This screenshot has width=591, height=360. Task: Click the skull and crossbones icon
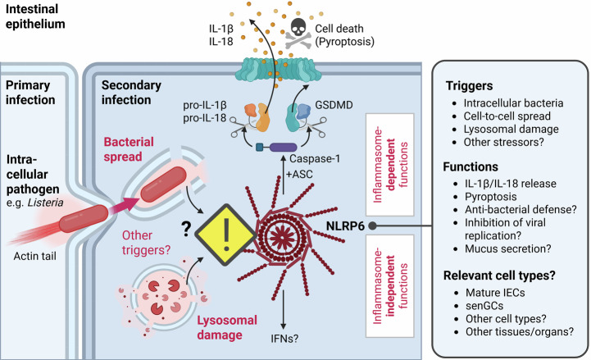pyautogui.click(x=298, y=34)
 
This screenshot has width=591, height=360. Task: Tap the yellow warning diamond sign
pyautogui.click(x=225, y=235)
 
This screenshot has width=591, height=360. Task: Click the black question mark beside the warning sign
pyautogui.click(x=186, y=229)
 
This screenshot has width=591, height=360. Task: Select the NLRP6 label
pyautogui.click(x=345, y=226)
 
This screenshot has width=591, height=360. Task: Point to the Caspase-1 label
pyautogui.click(x=315, y=159)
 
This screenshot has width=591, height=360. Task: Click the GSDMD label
pyautogui.click(x=334, y=105)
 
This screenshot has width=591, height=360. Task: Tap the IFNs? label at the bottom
pyautogui.click(x=284, y=339)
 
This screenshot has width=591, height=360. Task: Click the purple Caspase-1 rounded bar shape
pyautogui.click(x=283, y=147)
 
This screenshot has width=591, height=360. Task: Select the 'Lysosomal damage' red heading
pyautogui.click(x=227, y=327)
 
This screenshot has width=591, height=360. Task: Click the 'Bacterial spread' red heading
pyautogui.click(x=129, y=149)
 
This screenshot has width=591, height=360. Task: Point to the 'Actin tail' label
pyautogui.click(x=35, y=257)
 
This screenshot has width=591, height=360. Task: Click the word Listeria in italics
pyautogui.click(x=45, y=203)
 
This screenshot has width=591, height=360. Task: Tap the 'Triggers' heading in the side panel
pyautogui.click(x=469, y=86)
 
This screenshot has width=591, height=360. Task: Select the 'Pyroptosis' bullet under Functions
pyautogui.click(x=491, y=197)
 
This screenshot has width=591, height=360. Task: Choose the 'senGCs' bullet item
pyautogui.click(x=484, y=306)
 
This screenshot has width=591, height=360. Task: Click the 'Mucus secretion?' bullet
pyautogui.click(x=507, y=248)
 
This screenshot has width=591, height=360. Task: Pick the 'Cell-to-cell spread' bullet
pyautogui.click(x=507, y=116)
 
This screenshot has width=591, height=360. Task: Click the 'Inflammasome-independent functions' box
pyautogui.click(x=389, y=286)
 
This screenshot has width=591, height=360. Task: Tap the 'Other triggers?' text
pyautogui.click(x=146, y=243)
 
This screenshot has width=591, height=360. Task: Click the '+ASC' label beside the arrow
pyautogui.click(x=299, y=175)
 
